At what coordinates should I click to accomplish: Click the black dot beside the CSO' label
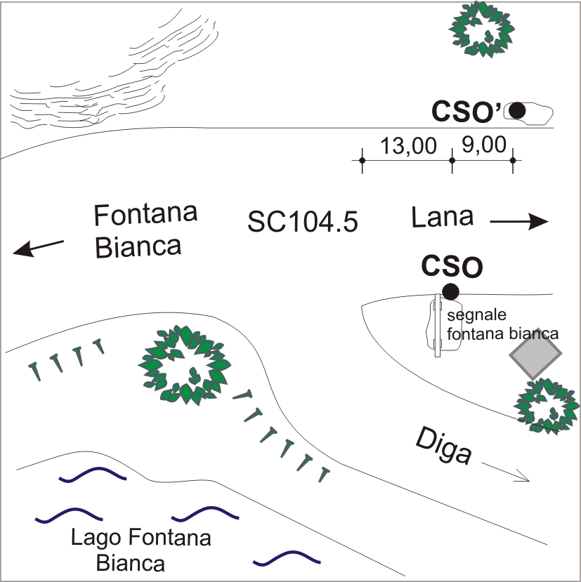[x=518, y=110]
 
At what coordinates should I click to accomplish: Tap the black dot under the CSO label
[x=450, y=291]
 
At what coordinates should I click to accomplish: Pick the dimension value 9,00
[x=484, y=145]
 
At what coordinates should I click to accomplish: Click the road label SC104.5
[x=303, y=223]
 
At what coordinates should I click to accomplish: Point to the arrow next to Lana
[x=518, y=223]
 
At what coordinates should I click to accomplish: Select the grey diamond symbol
[x=536, y=354]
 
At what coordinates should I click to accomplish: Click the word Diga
[x=443, y=446]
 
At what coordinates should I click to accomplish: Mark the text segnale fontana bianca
[x=502, y=324]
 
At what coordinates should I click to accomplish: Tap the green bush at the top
[x=482, y=29]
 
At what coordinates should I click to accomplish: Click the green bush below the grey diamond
[x=547, y=406]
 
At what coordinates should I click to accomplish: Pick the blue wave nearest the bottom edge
[x=286, y=558]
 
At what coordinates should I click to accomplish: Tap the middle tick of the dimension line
[x=452, y=161]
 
